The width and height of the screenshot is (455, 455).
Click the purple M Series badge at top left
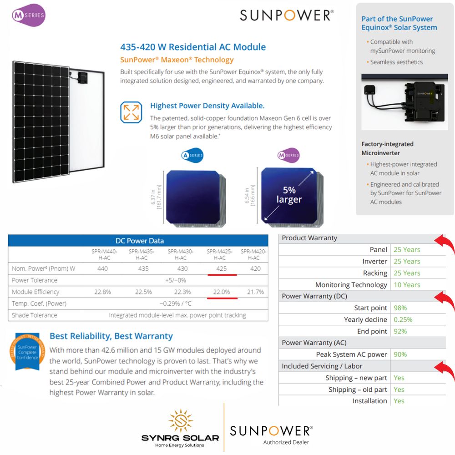29,15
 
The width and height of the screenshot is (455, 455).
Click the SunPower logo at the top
287,15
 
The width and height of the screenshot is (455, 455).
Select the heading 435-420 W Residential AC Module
193,47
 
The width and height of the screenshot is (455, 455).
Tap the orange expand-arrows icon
131,112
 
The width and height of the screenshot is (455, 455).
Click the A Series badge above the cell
192,156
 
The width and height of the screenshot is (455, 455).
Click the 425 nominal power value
222,268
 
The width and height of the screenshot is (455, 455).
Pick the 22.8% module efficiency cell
102,292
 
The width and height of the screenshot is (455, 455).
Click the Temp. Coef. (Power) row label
39,303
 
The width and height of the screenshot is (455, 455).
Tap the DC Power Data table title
139,241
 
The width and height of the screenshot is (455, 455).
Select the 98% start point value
400,308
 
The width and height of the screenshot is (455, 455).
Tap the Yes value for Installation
399,401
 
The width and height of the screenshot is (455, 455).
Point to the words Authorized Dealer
286,442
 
